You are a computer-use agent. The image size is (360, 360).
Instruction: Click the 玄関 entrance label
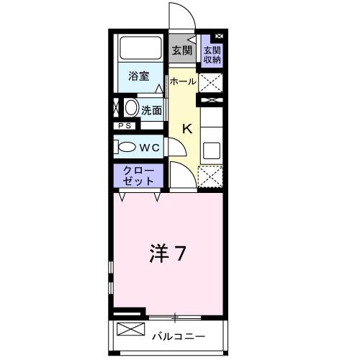click(x=182, y=50)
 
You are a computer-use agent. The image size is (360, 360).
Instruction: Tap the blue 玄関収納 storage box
click(x=212, y=54)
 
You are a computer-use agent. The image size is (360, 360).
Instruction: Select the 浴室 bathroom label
click(x=139, y=76)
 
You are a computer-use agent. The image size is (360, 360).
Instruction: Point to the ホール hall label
click(x=183, y=81)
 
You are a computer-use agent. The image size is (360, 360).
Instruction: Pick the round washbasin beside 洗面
click(x=131, y=109)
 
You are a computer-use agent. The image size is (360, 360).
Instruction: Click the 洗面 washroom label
click(x=151, y=110)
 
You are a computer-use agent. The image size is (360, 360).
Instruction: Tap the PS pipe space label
click(x=125, y=127)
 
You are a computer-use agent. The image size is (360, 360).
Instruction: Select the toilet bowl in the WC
click(x=125, y=147)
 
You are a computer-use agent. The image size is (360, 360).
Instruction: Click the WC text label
click(x=149, y=147)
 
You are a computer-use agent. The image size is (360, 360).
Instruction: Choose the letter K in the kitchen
click(x=186, y=130)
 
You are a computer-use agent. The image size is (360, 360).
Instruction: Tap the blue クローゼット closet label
click(x=138, y=177)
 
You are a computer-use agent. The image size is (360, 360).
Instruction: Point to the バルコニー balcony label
click(x=179, y=336)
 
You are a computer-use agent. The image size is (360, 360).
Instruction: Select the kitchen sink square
click(x=212, y=150)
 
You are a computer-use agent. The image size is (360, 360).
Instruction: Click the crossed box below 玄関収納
click(x=211, y=82)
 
